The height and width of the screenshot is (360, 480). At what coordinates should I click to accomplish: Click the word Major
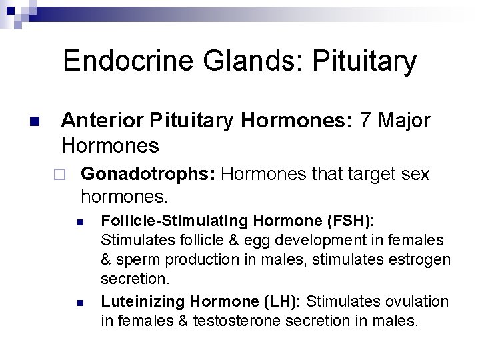[x=404, y=121]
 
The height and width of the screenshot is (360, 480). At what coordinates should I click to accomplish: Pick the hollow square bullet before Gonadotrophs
[x=59, y=175]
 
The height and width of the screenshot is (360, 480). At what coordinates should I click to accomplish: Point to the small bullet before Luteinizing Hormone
[x=79, y=303]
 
